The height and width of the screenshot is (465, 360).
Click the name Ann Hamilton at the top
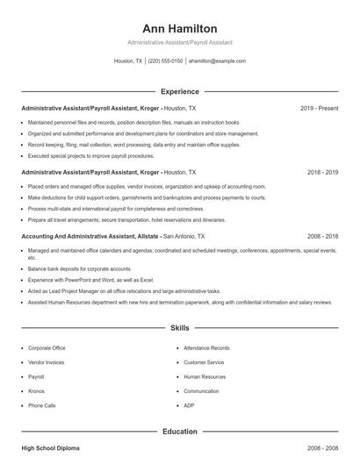click(x=179, y=28)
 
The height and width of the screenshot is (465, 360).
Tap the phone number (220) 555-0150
click(x=165, y=61)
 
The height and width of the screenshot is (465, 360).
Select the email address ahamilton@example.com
click(x=217, y=61)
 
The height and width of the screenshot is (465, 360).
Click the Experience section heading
click(x=179, y=91)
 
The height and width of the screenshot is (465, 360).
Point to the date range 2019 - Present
click(x=319, y=109)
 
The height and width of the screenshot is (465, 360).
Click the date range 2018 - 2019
click(x=322, y=173)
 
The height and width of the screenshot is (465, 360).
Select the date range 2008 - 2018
click(x=322, y=237)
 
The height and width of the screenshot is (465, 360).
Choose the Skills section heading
click(x=179, y=328)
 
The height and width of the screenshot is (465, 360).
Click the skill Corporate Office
click(x=47, y=348)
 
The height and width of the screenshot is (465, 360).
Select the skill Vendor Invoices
click(x=47, y=362)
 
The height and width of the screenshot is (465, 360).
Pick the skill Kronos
click(x=37, y=391)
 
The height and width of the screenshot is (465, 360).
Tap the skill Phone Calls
click(x=42, y=405)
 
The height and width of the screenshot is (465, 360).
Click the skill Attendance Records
click(x=206, y=348)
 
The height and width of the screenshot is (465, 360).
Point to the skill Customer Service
click(x=204, y=362)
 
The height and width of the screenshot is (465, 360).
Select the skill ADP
click(x=189, y=405)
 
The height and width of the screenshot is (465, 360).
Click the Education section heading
click(x=179, y=432)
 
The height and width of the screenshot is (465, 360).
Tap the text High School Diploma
click(x=50, y=448)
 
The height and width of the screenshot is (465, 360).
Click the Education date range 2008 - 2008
click(x=322, y=448)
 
